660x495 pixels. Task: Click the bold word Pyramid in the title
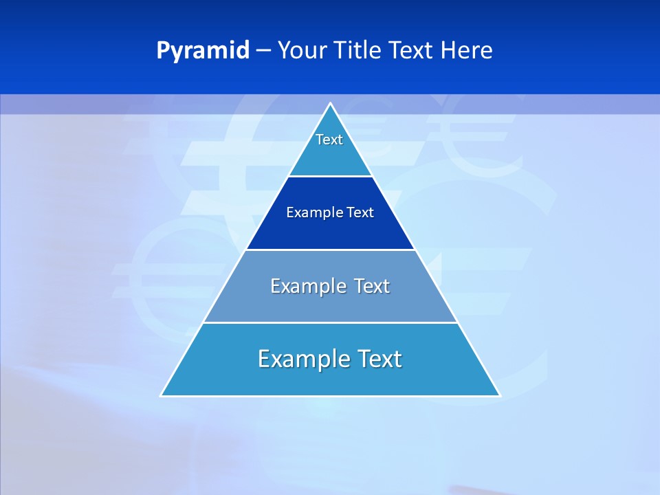point(203,51)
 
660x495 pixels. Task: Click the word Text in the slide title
point(411,51)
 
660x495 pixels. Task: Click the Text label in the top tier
point(329,140)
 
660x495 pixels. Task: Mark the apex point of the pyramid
point(331,104)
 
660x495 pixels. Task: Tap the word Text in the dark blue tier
point(360,212)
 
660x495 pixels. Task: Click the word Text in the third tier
point(372,286)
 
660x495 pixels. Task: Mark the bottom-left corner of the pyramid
point(162,395)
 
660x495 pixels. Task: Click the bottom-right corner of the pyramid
point(499,395)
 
